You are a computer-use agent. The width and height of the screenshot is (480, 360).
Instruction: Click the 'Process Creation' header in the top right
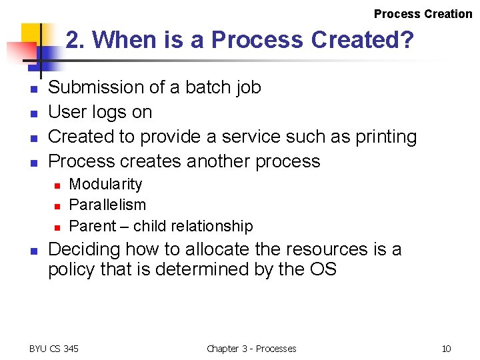tap(423, 14)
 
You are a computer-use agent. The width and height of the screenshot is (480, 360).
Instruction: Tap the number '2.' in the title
tap(76, 40)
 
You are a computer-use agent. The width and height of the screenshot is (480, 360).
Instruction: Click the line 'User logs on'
tap(100, 112)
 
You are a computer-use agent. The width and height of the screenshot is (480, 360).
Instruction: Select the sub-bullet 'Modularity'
tap(105, 184)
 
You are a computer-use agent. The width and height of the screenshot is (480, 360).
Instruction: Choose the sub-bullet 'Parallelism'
tap(107, 205)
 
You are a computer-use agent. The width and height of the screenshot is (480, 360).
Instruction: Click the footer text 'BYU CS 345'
tap(54, 349)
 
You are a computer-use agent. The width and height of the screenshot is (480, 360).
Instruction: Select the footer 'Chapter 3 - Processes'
tap(251, 349)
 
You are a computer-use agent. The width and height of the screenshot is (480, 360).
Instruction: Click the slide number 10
tap(446, 349)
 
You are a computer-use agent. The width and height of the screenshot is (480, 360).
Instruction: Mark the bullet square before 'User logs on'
tap(33, 113)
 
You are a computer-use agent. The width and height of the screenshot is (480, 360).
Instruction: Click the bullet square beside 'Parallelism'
tap(58, 206)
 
